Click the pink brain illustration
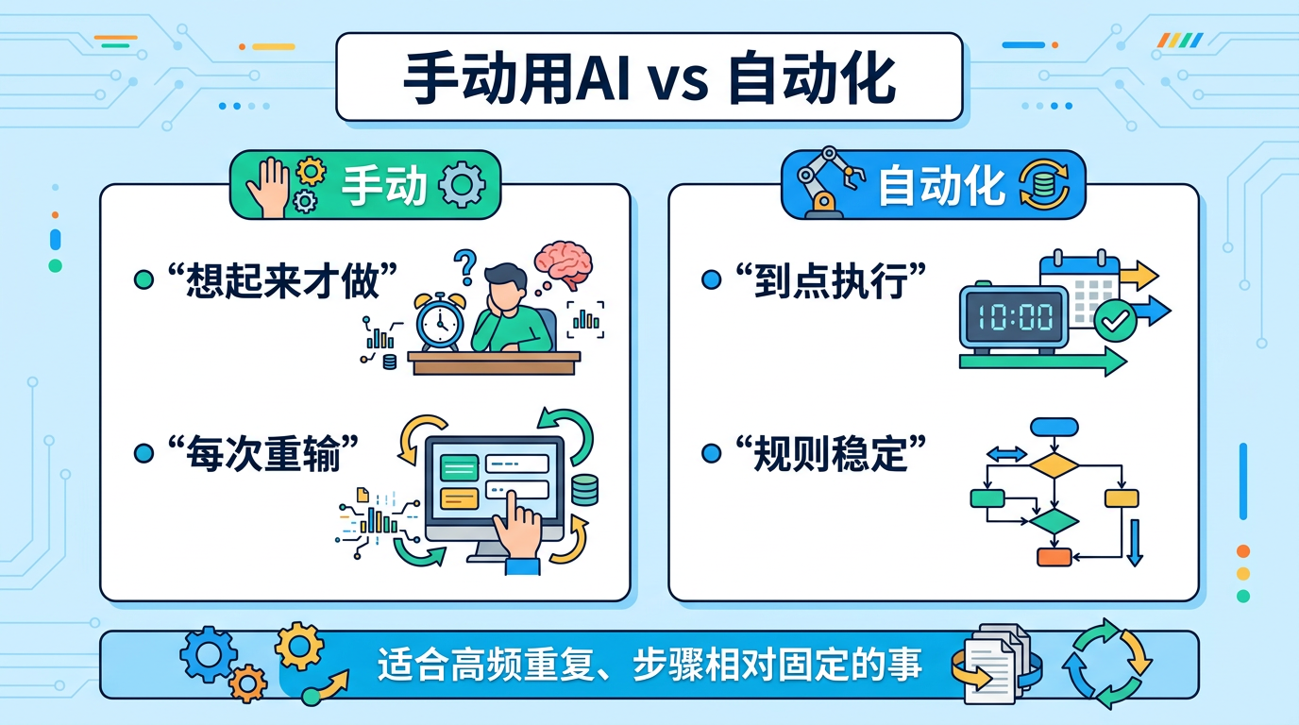(563, 263)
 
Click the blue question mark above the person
(464, 267)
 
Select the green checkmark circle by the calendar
(1115, 322)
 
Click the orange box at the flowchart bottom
(1054, 557)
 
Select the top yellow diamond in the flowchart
(1054, 465)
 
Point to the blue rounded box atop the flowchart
(1054, 427)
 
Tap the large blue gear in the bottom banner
(206, 652)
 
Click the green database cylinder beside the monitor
(585, 489)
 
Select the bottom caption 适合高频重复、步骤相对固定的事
(649, 665)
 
